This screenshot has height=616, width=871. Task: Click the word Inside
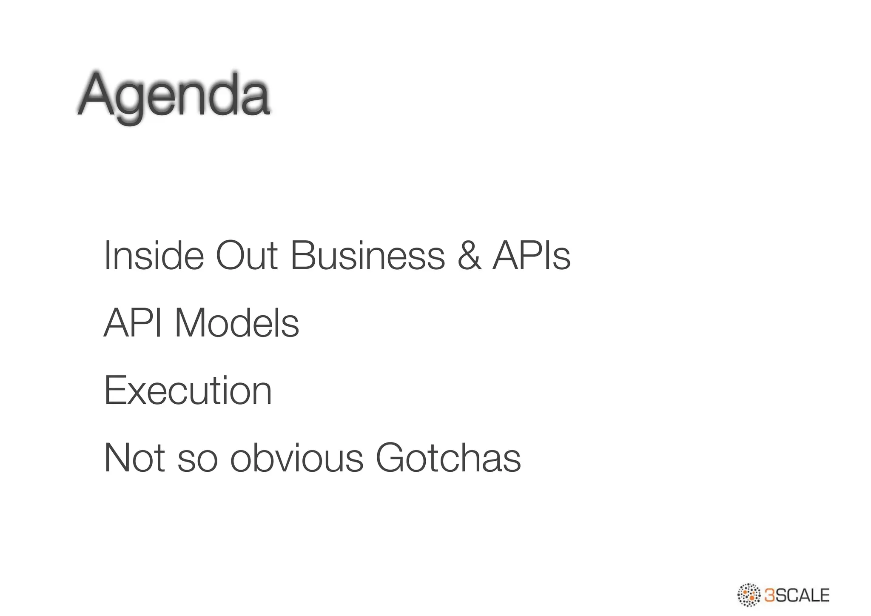pos(154,255)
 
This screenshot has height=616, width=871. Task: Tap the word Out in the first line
pos(247,255)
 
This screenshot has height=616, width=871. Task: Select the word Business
pos(367,255)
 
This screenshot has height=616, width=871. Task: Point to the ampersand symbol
pos(469,255)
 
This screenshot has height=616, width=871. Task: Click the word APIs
pos(531,255)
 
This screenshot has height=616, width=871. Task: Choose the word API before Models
pos(133,323)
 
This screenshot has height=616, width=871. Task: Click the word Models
pos(237,323)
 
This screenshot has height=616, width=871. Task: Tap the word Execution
pos(188,390)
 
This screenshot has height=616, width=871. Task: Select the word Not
pos(134,458)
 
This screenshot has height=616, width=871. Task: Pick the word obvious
pos(297,458)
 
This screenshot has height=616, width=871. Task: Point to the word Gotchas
pos(448,458)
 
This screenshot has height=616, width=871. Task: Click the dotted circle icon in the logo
pos(749,594)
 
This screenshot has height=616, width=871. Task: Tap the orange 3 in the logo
pos(769,595)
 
